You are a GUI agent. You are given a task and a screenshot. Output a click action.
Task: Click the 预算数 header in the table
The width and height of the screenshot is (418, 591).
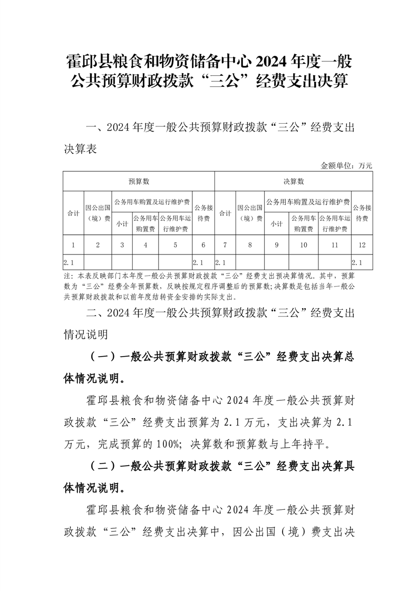pyautogui.click(x=139, y=181)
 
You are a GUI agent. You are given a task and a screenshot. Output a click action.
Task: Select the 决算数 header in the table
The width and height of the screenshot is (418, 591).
pyautogui.click(x=294, y=181)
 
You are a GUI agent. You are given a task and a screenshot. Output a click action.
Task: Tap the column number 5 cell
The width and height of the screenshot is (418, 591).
pyautogui.click(x=175, y=244)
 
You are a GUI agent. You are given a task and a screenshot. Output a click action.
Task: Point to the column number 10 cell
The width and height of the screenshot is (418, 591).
pyautogui.click(x=303, y=244)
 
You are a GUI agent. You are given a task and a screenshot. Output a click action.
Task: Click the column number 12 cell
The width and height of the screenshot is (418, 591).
pyautogui.click(x=362, y=244)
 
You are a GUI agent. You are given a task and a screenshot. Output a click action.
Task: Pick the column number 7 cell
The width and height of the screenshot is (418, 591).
pyautogui.click(x=225, y=244)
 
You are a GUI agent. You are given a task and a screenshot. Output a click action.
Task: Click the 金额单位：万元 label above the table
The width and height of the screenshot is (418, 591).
pyautogui.click(x=346, y=165)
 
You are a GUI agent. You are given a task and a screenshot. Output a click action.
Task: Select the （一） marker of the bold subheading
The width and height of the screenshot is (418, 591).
pyautogui.click(x=101, y=357)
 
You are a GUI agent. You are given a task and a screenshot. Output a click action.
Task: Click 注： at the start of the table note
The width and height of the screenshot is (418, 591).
pyautogui.click(x=69, y=276)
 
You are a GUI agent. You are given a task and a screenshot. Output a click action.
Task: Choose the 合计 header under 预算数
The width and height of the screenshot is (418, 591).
pyautogui.click(x=73, y=213)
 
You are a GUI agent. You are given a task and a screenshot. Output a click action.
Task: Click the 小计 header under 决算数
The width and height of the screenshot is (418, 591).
pyautogui.click(x=277, y=223)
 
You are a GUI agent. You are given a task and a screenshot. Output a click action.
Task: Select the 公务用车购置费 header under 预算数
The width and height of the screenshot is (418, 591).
pyautogui.click(x=145, y=223)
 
